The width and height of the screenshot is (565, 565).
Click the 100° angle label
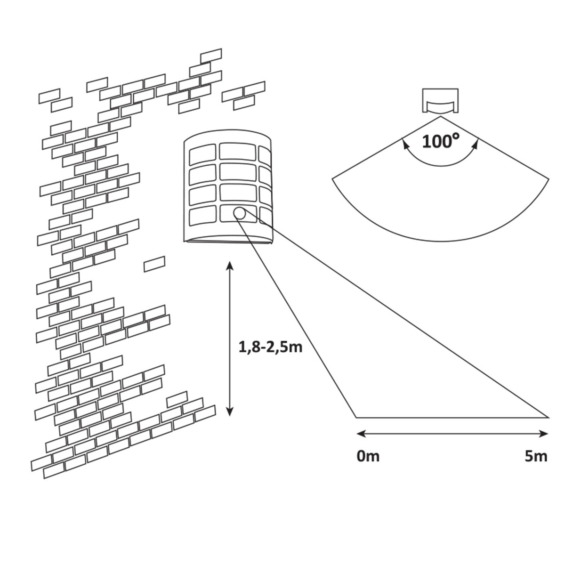pyautogui.click(x=440, y=141)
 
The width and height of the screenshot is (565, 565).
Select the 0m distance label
pyautogui.click(x=368, y=456)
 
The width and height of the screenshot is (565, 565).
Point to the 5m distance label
pyautogui.click(x=536, y=456)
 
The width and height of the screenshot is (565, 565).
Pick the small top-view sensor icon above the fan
pyautogui.click(x=440, y=101)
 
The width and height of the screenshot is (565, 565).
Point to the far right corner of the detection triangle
pyautogui.click(x=548, y=417)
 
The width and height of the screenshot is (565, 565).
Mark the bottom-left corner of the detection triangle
pyautogui.click(x=356, y=417)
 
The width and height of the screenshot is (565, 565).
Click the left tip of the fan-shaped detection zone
pyautogui.click(x=333, y=178)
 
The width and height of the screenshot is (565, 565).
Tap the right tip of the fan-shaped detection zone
pyautogui.click(x=547, y=178)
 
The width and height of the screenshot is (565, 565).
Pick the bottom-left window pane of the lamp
pyautogui.click(x=202, y=217)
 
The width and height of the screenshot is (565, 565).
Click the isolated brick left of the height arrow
pyautogui.click(x=154, y=264)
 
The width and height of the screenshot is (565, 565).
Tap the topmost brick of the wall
pyautogui.click(x=211, y=55)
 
